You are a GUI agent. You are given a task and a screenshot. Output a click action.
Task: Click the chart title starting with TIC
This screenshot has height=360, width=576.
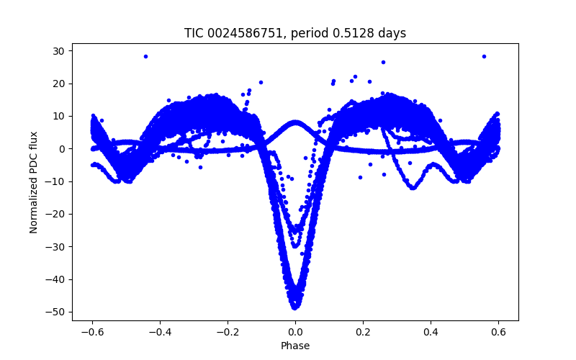pyautogui.click(x=295, y=33)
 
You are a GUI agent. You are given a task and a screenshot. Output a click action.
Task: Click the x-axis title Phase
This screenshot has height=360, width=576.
pyautogui.click(x=295, y=346)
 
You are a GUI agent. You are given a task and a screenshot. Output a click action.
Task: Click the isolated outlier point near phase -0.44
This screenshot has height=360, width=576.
pyautogui.click(x=145, y=56)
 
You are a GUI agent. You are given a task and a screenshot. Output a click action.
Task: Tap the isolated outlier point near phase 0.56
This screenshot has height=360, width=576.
pyautogui.click(x=484, y=56)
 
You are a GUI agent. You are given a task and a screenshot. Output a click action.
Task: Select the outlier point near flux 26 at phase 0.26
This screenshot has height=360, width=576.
pyautogui.click(x=383, y=62)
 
